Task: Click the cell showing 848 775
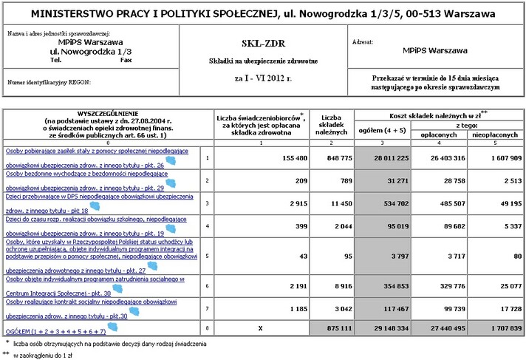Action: tap(331, 158)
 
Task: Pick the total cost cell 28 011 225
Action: tap(380, 158)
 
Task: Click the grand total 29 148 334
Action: tap(380, 327)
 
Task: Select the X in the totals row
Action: tap(256, 327)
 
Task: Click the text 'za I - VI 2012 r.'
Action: tap(263, 77)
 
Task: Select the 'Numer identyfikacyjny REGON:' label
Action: tap(49, 83)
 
